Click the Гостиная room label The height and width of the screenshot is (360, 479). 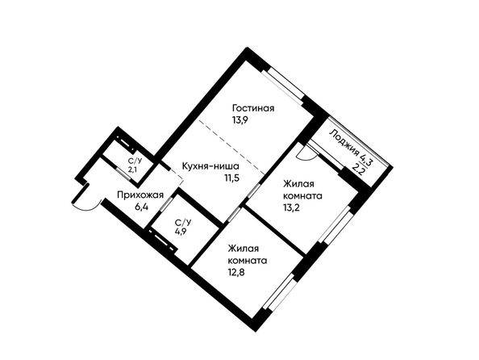tap(253, 108)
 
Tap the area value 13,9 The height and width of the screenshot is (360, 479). tap(240, 119)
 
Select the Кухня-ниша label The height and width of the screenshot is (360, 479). tap(210, 166)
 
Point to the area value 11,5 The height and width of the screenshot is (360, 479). tap(232, 178)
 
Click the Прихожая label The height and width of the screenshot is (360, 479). tap(140, 195)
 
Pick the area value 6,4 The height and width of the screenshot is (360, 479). tap(141, 207)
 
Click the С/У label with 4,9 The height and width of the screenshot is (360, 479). tap(183, 221)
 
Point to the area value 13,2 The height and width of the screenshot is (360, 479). tap(291, 207)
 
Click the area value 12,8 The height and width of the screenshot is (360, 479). tap(236, 272)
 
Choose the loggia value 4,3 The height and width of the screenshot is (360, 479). tap(366, 159)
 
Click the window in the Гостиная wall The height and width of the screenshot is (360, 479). tap(284, 85)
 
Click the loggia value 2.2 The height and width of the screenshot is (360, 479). tap(358, 168)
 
